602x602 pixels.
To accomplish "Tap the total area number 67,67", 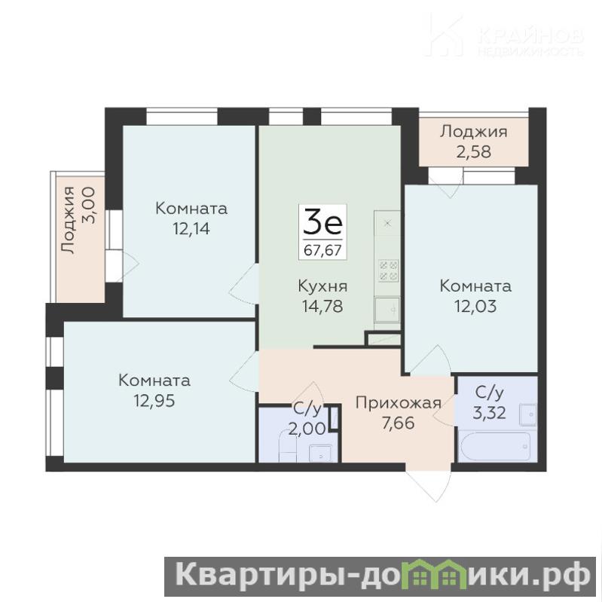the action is [322, 250].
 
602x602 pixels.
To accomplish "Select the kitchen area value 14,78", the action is [322, 307].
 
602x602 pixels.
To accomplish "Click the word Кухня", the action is [323, 287].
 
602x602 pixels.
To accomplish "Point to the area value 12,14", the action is [191, 229].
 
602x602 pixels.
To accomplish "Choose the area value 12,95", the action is [154, 400].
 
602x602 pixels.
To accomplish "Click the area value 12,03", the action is [475, 307].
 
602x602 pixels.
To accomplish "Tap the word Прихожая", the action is [398, 403].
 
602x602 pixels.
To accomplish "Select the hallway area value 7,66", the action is [398, 423].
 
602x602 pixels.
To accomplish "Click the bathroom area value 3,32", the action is [489, 413].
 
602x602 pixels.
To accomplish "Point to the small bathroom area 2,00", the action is [307, 429].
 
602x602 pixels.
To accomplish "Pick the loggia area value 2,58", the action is [473, 151].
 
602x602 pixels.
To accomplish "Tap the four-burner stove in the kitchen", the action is [388, 270].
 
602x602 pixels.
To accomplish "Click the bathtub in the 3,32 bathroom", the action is [496, 447].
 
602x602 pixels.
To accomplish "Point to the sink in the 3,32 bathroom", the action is [528, 414].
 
